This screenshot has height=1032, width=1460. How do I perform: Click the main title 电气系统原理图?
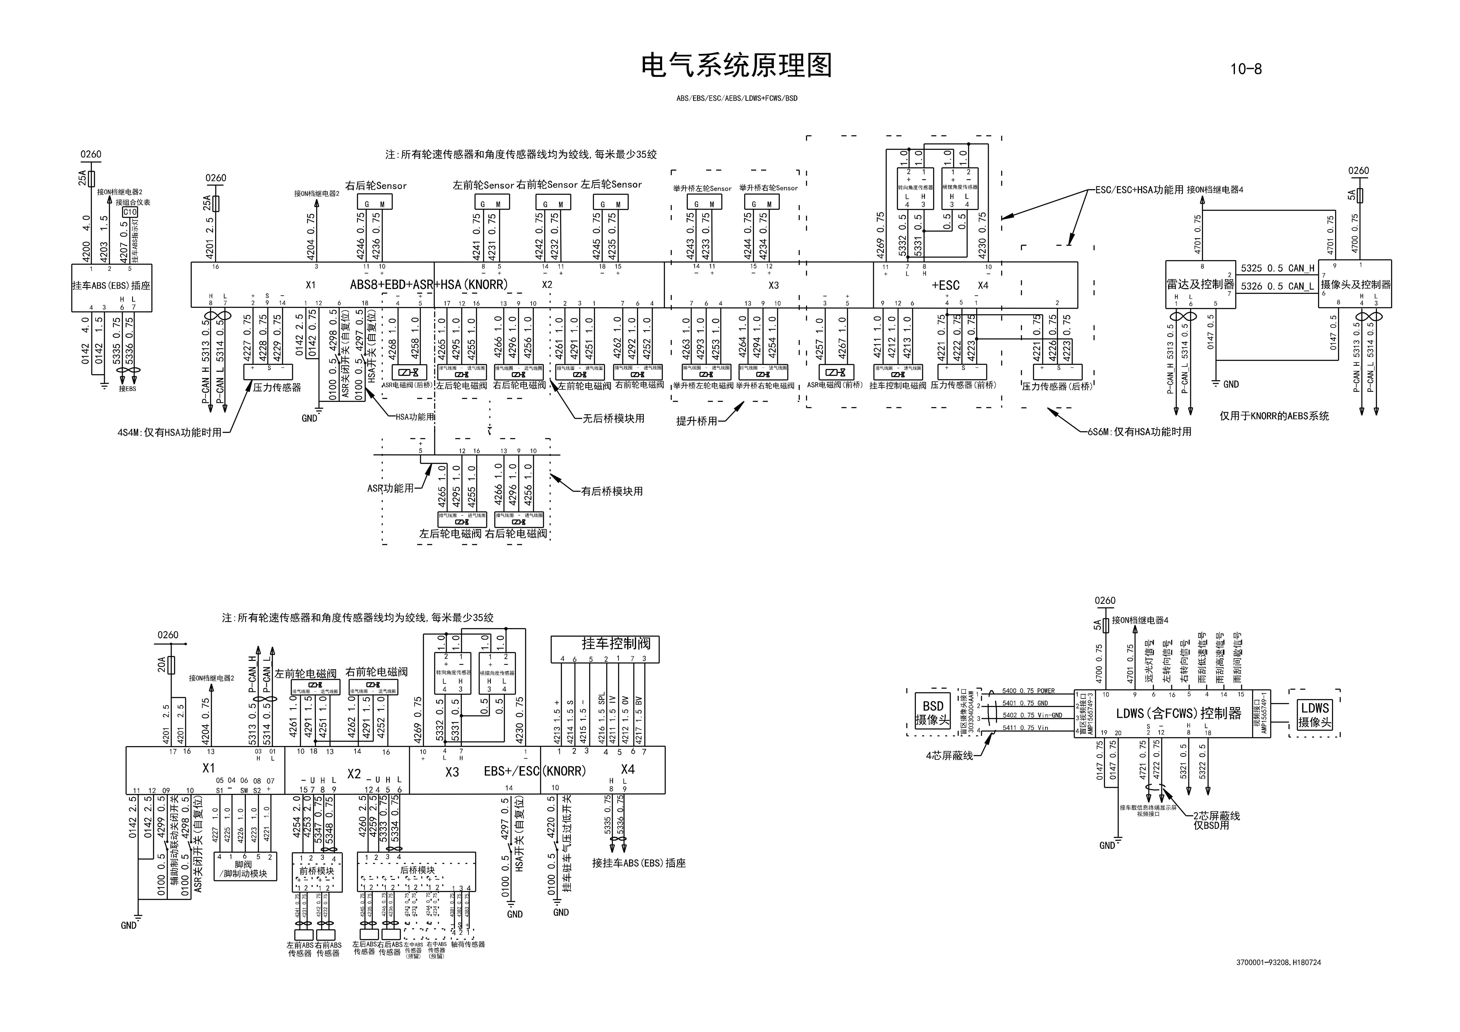click(736, 66)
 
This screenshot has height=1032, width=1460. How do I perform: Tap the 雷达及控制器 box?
click(1200, 284)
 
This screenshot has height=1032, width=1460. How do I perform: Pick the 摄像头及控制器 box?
click(1355, 284)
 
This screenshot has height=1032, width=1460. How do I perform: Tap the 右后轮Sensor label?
click(376, 186)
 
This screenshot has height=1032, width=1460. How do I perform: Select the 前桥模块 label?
click(317, 871)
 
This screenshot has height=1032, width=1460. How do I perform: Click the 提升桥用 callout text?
click(696, 421)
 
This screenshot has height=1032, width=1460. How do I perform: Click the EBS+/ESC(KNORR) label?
click(534, 771)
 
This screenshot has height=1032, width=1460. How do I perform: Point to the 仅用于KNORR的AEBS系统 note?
click(1274, 416)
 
